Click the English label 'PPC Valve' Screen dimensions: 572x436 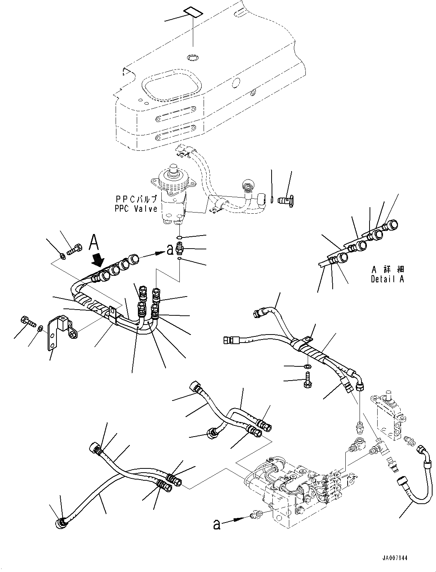click(136, 209)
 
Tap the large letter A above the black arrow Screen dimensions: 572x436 click(96, 243)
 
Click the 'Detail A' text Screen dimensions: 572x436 click(387, 279)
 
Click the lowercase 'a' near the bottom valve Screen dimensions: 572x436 click(217, 524)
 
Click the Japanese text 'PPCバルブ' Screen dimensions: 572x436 click(136, 199)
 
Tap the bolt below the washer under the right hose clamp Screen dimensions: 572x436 click(308, 381)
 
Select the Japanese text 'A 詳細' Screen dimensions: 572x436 click(387, 270)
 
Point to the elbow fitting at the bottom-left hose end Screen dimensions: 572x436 click(61, 524)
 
